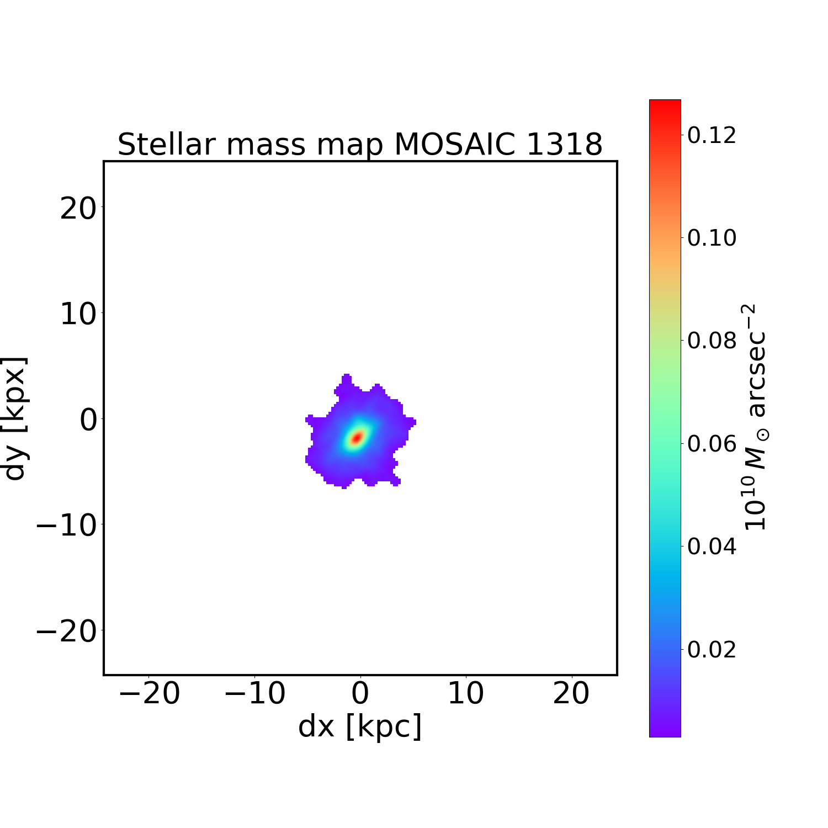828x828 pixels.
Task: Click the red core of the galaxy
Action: pos(357,438)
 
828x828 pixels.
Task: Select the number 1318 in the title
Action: pos(564,145)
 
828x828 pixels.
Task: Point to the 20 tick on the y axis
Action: pos(77,209)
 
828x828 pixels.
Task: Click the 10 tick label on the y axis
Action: pos(77,315)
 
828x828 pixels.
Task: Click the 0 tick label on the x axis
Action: pos(360,694)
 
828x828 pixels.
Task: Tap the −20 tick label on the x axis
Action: pos(149,694)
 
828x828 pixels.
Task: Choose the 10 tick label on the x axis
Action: pos(465,694)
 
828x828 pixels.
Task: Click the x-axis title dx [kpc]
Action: pos(360,726)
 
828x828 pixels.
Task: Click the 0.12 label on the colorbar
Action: pos(712,135)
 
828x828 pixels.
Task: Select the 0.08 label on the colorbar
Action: pos(712,341)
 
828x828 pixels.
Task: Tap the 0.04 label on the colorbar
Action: pos(712,546)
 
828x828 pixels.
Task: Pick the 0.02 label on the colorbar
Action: pos(712,650)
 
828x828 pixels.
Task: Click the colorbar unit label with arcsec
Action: pos(755,417)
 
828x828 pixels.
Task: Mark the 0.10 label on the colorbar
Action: pos(712,238)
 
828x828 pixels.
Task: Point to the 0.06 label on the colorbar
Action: pos(712,443)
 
